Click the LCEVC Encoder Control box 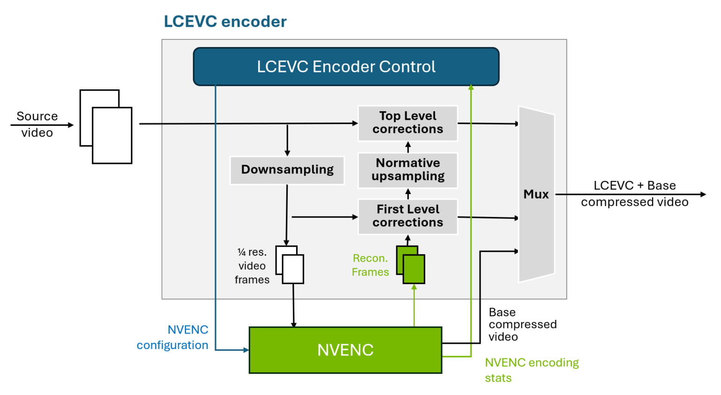click(x=346, y=67)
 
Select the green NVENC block click(x=345, y=350)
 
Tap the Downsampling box click(x=287, y=170)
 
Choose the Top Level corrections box click(x=407, y=123)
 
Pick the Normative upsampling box click(x=407, y=170)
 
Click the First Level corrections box click(x=407, y=216)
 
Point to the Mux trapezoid click(x=536, y=194)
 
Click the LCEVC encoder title click(x=225, y=22)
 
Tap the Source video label click(x=37, y=124)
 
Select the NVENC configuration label click(x=173, y=337)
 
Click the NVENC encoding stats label click(x=531, y=370)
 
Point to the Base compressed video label click(x=522, y=325)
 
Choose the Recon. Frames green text click(x=370, y=265)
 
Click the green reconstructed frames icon click(x=411, y=265)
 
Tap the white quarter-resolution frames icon click(x=290, y=265)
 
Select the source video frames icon click(x=106, y=127)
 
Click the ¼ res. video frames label click(x=252, y=266)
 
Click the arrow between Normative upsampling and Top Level click(x=408, y=147)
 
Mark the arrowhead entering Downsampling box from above click(x=287, y=153)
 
